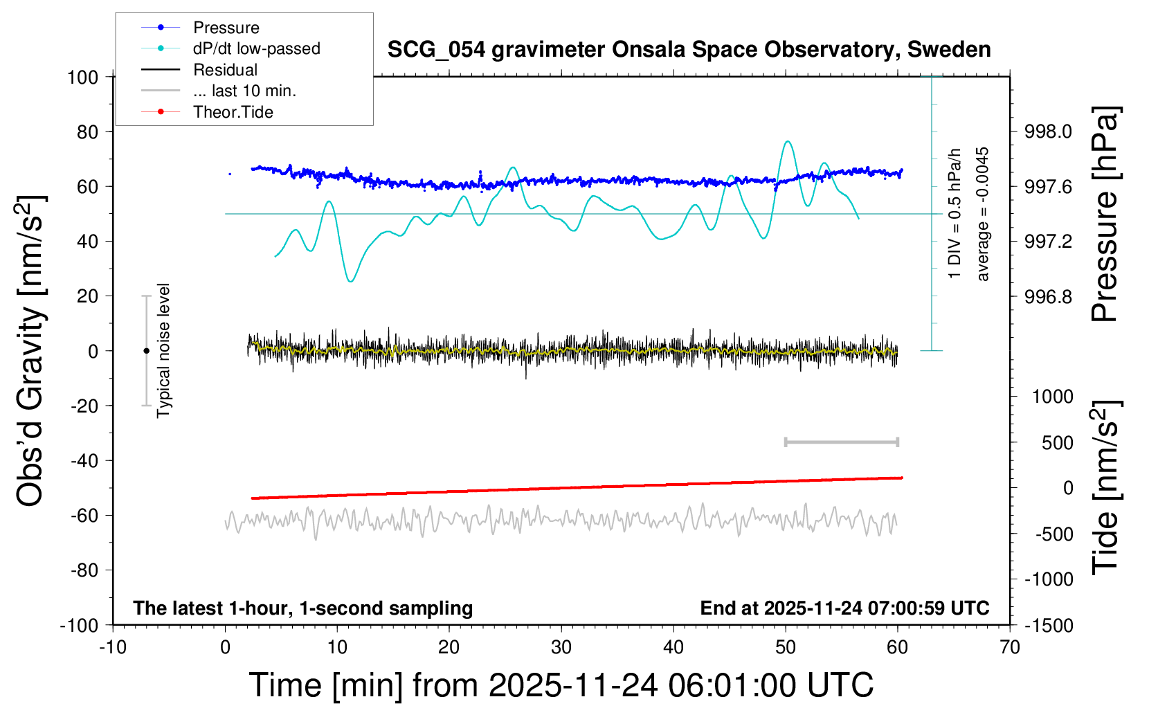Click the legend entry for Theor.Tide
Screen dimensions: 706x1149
[233, 112]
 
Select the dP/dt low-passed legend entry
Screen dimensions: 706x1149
[256, 48]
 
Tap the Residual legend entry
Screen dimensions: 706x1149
[225, 70]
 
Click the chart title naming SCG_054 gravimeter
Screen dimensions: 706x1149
[689, 50]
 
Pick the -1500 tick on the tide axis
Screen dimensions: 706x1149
[1050, 626]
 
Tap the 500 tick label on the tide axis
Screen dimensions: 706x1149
[1058, 443]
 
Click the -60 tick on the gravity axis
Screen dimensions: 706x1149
[84, 515]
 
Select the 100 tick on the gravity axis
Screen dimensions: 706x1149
[83, 77]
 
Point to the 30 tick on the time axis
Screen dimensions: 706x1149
[561, 648]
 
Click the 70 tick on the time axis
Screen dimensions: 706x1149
[1010, 648]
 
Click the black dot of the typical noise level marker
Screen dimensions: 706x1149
[146, 351]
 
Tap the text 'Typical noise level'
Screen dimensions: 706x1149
[163, 351]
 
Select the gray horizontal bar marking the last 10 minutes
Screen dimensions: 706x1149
[841, 442]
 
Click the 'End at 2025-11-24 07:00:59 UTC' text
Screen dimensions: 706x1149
[844, 608]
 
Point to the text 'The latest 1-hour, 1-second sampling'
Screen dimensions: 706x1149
[303, 608]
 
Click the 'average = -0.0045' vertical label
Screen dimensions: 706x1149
[983, 214]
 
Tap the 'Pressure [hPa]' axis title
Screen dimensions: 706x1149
[1105, 214]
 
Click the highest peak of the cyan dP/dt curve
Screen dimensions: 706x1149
[787, 142]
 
